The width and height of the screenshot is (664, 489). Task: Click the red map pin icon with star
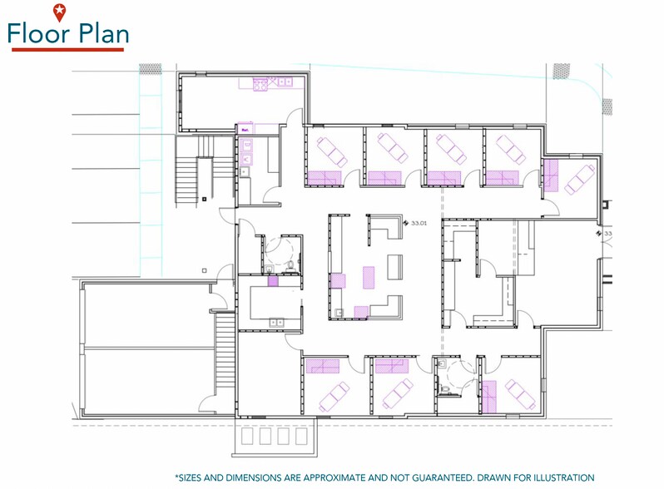(58, 12)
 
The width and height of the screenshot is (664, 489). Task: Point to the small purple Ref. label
(245, 130)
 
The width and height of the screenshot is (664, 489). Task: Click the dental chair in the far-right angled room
(579, 177)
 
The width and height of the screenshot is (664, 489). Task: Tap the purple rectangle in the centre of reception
(368, 276)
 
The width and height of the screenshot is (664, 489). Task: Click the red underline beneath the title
(68, 50)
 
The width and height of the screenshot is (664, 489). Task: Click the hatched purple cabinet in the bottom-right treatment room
(490, 395)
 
